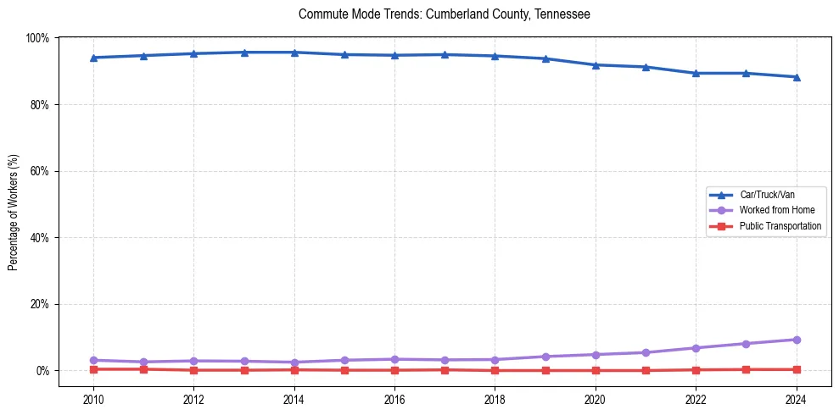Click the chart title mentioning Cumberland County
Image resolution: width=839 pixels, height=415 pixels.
[444, 14]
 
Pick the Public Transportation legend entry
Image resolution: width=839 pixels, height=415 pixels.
[780, 226]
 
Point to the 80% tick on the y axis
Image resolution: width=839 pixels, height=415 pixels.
[38, 105]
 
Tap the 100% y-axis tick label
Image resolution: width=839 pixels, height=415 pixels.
[36, 38]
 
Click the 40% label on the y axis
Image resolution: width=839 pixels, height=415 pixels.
[38, 238]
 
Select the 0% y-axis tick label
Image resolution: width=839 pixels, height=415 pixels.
[41, 371]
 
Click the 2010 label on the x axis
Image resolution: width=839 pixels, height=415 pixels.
[93, 399]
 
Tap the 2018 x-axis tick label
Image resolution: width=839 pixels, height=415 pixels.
[495, 399]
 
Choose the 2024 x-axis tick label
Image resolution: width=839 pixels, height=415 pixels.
[796, 399]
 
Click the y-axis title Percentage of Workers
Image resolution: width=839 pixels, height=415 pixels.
[14, 212]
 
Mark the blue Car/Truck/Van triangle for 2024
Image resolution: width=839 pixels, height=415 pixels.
[796, 77]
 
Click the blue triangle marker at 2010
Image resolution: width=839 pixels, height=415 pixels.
[93, 58]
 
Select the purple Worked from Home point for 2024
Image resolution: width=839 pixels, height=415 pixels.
[796, 340]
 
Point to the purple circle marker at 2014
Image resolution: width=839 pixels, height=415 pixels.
[294, 362]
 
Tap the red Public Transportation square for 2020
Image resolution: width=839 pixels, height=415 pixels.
[596, 370]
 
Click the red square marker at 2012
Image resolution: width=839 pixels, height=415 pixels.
[193, 370]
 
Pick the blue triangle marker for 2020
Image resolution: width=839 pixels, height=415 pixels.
[596, 65]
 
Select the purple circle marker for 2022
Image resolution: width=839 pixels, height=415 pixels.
[696, 348]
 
